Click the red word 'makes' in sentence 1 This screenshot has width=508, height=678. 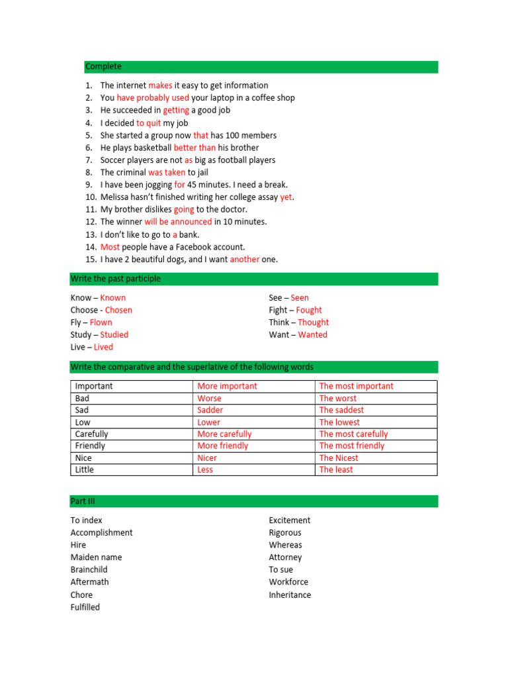pos(160,85)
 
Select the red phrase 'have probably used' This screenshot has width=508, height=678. pos(153,98)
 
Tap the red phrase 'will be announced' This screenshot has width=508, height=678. pos(178,222)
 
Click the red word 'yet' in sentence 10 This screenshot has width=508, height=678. pos(286,197)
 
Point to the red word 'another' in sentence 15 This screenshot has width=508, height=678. pos(244,260)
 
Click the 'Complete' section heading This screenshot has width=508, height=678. pos(103,67)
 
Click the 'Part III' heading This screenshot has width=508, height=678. pos(83,501)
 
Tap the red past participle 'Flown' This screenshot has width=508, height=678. pos(101,322)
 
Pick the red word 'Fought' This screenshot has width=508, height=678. pos(309,310)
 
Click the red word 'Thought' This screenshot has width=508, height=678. pos(313,322)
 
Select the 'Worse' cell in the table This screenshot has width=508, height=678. pos(209,399)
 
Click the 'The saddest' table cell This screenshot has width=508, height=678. pos(341,411)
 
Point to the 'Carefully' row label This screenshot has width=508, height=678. pos(92,434)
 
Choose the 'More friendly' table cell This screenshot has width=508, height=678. pos(223,446)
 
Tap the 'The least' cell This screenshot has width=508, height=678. pos(336,470)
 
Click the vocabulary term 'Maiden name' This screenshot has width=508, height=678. pos(96,557)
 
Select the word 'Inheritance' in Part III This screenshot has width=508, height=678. pos(290,595)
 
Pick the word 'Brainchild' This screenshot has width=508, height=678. pos(89,570)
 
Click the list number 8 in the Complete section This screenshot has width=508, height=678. pos(89,173)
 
